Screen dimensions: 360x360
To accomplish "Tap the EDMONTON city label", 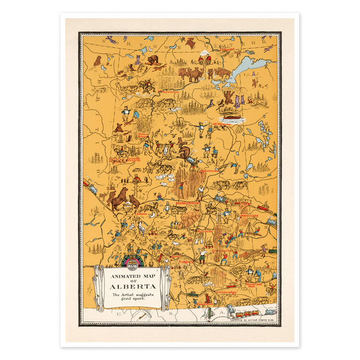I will pyautogui.click(x=187, y=204).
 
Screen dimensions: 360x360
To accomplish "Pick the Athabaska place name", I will pyautogui.click(x=210, y=170).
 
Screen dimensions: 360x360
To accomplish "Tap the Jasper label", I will pyautogui.click(x=141, y=214).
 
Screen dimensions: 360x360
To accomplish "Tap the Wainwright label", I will pyautogui.click(x=249, y=216).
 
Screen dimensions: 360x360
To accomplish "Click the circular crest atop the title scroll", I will pyautogui.click(x=132, y=262).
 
